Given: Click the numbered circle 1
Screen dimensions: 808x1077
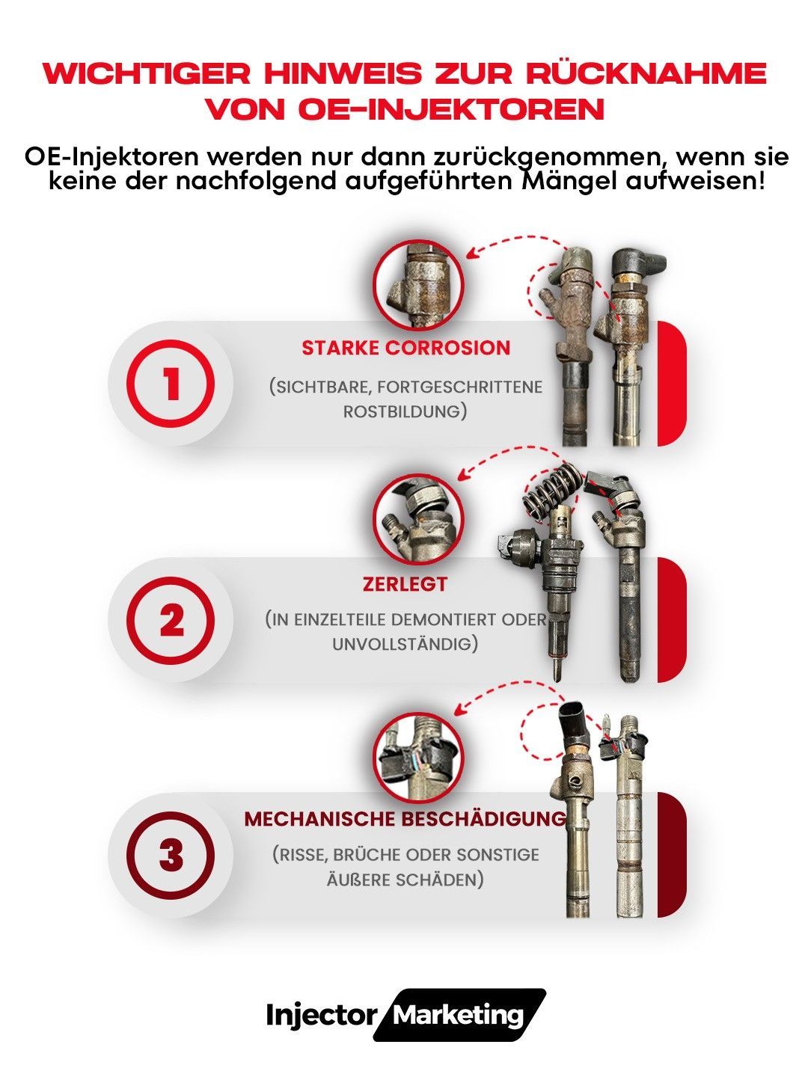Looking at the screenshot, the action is [171, 384].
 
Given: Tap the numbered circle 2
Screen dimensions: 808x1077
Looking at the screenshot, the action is [171, 620].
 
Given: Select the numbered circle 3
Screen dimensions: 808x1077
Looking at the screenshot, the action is [171, 855].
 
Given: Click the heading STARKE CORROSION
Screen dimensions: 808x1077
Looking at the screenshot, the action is [405, 348].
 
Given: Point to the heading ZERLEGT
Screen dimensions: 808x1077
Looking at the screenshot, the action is [405, 584].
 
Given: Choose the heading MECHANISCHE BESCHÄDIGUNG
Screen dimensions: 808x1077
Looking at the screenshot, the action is [405, 819].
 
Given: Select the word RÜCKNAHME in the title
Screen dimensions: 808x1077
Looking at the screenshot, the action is [647, 73].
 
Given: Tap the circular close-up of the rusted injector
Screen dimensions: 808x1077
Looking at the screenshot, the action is [418, 285].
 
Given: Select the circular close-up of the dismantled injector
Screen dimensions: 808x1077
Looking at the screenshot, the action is [418, 519].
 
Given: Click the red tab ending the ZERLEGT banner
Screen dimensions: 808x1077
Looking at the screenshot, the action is [671, 620].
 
